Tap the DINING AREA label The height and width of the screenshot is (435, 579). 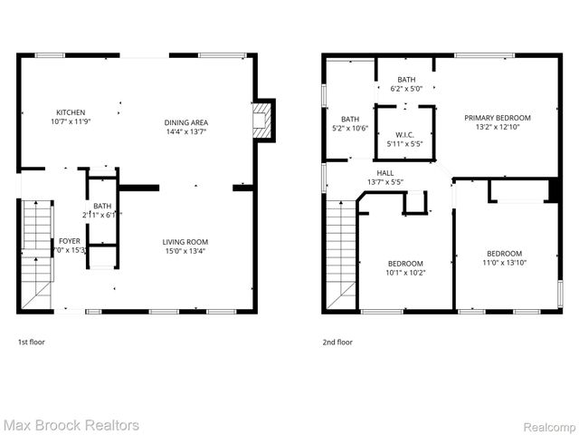[x=185, y=122]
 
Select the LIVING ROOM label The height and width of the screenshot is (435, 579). [x=185, y=242]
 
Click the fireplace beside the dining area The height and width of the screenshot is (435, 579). [x=262, y=120]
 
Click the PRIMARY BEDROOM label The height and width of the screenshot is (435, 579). [x=497, y=118]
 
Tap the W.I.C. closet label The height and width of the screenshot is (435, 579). [x=404, y=134]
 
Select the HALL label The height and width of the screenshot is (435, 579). [x=385, y=172]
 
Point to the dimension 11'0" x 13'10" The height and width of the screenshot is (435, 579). [x=504, y=263]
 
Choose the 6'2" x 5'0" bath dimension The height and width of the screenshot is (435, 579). [x=406, y=89]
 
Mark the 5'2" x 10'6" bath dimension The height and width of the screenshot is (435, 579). [x=350, y=128]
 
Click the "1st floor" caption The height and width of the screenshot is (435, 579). [x=31, y=343]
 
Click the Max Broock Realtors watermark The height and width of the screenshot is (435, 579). [x=71, y=424]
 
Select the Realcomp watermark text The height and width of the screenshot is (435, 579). [x=549, y=425]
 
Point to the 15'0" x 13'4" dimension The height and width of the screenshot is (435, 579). [x=185, y=251]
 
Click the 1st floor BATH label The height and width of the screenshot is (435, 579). [x=101, y=206]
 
